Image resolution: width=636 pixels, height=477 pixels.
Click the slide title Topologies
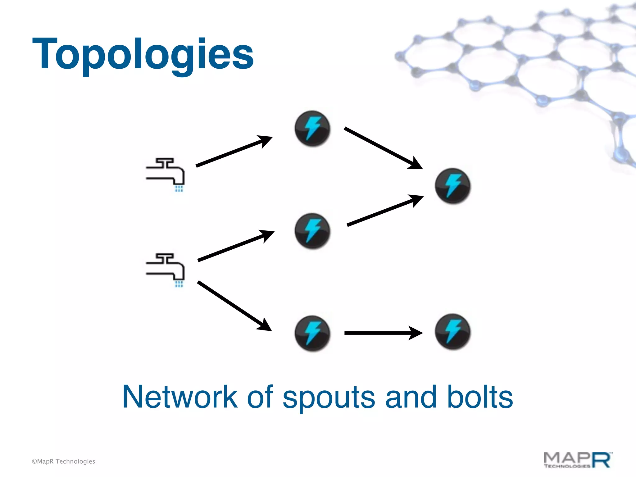coord(143,54)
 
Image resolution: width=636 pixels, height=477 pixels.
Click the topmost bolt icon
coord(312,128)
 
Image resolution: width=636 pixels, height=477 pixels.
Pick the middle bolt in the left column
coord(312,231)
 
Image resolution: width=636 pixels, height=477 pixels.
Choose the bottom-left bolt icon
coord(312,333)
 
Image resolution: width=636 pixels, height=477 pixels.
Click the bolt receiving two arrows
coord(453,186)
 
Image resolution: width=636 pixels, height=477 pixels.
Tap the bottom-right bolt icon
coord(453,332)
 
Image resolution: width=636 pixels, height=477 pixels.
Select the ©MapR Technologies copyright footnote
coord(63,461)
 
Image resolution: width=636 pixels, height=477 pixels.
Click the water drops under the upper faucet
coord(179,189)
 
